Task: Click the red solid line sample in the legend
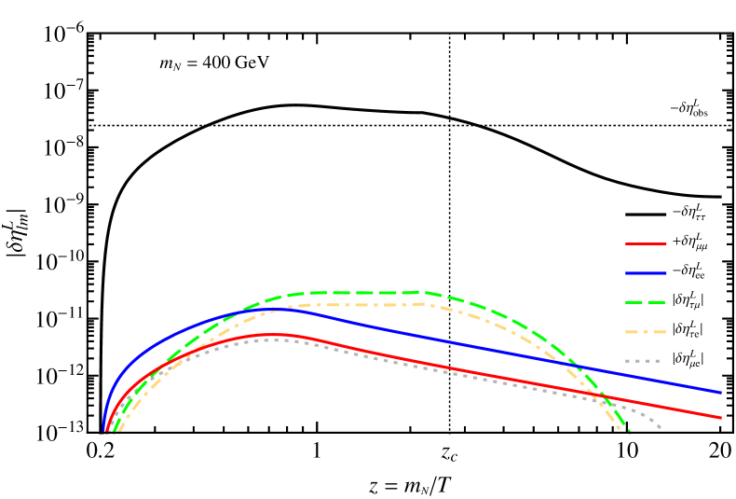coord(646,243)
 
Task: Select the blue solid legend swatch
coord(646,273)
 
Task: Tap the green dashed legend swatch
coord(646,302)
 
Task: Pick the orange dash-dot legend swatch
coord(646,331)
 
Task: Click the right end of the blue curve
coord(721,392)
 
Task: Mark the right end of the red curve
coord(721,417)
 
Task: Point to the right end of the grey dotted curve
coord(660,427)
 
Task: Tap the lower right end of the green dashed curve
coord(629,432)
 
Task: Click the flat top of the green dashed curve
coord(359,293)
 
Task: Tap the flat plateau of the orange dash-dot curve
coord(359,304)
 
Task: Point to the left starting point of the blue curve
coord(103,431)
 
